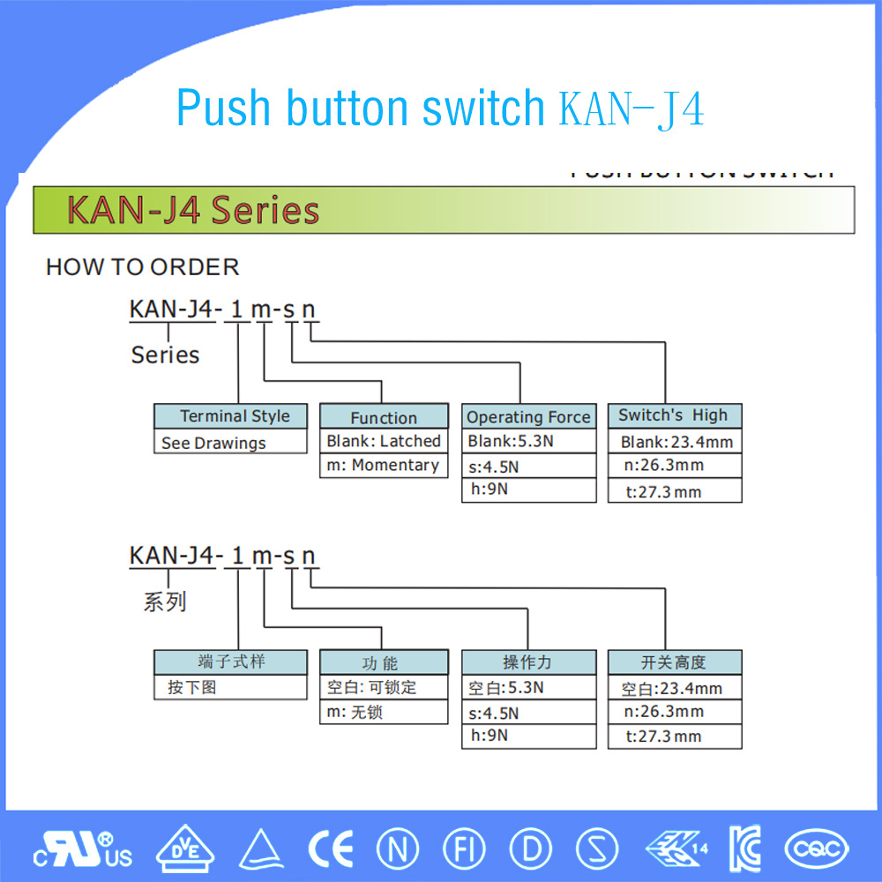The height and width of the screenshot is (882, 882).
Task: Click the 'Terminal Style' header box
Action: point(230,416)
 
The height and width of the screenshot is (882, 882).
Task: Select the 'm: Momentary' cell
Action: point(383,466)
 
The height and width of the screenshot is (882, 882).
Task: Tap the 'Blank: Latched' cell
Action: point(383,441)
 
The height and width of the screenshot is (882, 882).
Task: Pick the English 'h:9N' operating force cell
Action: point(528,490)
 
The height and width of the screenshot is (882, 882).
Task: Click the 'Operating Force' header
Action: point(528,417)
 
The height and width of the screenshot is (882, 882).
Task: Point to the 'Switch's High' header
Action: point(674,415)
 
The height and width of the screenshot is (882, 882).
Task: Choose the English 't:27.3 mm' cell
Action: point(674,492)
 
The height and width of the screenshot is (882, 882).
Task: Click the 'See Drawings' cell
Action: point(230,443)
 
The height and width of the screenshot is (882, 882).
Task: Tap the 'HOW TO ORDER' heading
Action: point(142,267)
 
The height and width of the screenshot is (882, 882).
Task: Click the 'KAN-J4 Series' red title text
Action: point(193,212)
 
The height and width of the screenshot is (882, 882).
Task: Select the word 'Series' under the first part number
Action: point(165,355)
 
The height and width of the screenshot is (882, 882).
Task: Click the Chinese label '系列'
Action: point(165,602)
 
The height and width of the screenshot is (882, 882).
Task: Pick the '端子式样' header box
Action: point(230,662)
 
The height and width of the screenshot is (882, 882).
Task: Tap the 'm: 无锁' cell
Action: point(383,712)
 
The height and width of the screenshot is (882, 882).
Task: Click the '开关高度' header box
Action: point(674,662)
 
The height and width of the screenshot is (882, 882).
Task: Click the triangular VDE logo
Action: point(184,848)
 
